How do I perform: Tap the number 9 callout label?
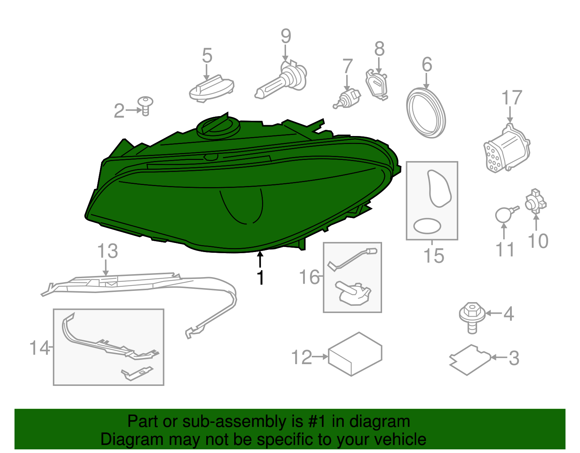[286, 36]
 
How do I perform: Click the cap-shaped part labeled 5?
[211, 88]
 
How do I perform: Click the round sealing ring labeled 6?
[426, 112]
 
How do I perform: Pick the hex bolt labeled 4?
[472, 316]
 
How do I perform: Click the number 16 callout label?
[309, 277]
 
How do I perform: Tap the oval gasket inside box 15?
[427, 226]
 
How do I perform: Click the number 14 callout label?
[39, 348]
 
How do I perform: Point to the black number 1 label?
[260, 278]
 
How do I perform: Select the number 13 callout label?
[108, 251]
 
